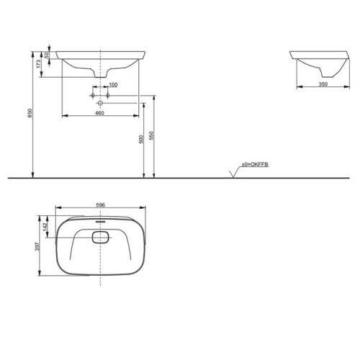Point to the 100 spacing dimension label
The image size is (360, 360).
click(x=113, y=85)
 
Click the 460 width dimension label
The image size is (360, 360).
click(x=100, y=109)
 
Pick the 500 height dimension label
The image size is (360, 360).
click(x=140, y=140)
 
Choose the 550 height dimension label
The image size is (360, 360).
click(x=151, y=135)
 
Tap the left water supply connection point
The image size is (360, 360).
click(x=93, y=95)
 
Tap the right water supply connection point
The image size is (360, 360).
click(x=107, y=95)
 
